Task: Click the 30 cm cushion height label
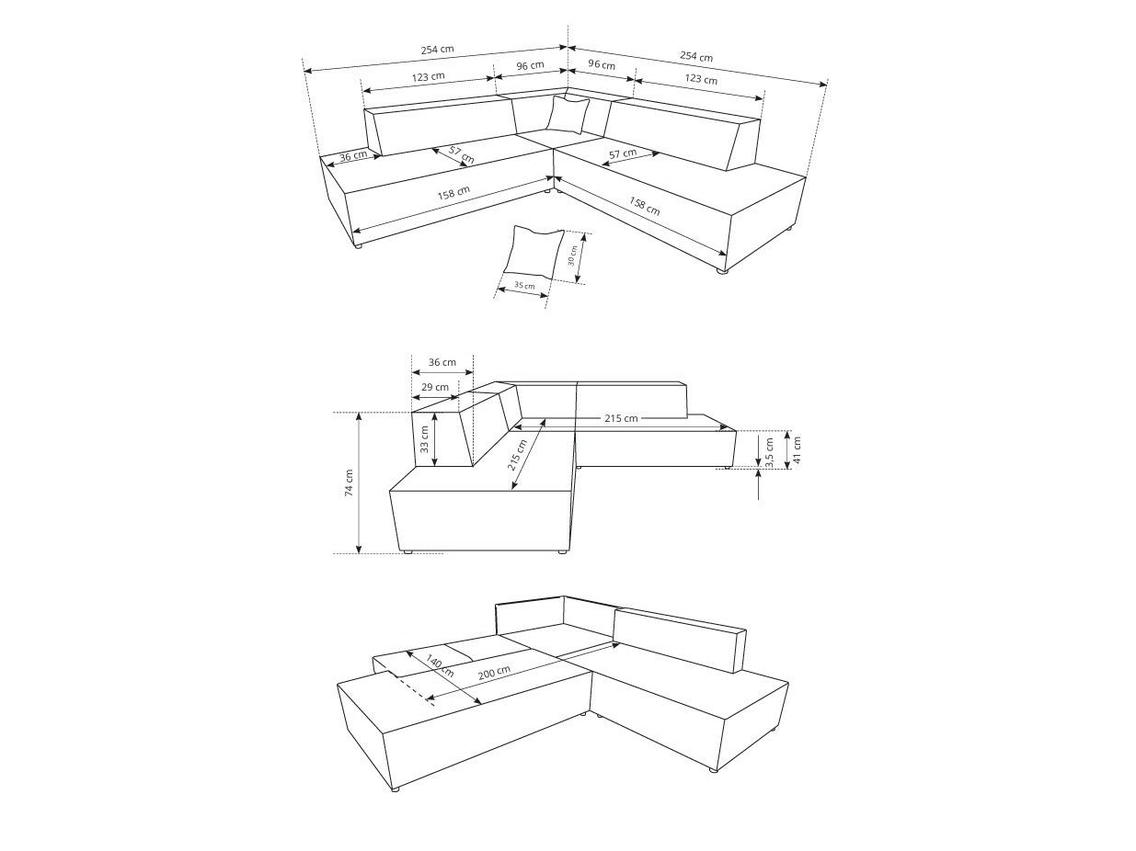pyautogui.click(x=572, y=255)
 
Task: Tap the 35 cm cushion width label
pyautogui.click(x=525, y=286)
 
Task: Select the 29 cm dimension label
pyautogui.click(x=435, y=387)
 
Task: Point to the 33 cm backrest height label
pyautogui.click(x=424, y=439)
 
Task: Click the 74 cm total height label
pyautogui.click(x=350, y=482)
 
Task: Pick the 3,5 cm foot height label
pyautogui.click(x=769, y=453)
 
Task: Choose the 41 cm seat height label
pyautogui.click(x=797, y=449)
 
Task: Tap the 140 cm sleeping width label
pyautogui.click(x=441, y=666)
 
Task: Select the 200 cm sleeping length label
pyautogui.click(x=494, y=672)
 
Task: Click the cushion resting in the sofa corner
pyautogui.click(x=568, y=115)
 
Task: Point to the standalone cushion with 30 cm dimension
pyautogui.click(x=534, y=251)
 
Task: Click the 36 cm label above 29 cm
pyautogui.click(x=442, y=362)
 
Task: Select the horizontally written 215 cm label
pyautogui.click(x=621, y=418)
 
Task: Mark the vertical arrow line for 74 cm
pyautogui.click(x=359, y=482)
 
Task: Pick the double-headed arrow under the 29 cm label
pyautogui.click(x=435, y=397)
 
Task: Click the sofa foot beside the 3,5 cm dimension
pyautogui.click(x=728, y=468)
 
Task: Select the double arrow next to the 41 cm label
pyautogui.click(x=787, y=449)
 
